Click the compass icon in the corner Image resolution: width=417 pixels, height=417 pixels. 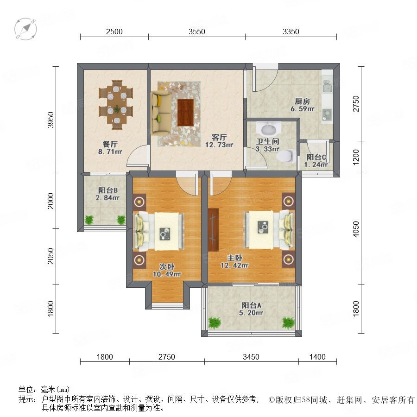point(25,29)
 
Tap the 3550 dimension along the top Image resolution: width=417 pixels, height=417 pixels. point(197,32)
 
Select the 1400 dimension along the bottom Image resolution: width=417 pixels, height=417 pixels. point(317,357)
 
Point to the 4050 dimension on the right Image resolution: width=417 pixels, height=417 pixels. point(356,229)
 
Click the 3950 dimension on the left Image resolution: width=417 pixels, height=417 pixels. point(50,120)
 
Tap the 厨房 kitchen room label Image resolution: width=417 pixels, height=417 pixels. point(303,101)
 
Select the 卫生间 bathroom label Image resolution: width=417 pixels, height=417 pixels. point(267,141)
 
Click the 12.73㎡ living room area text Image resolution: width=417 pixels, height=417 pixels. point(219,145)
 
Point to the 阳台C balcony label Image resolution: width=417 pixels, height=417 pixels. point(316,157)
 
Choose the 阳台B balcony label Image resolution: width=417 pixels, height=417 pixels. point(107,190)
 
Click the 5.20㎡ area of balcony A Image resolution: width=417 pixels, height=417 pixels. point(251,313)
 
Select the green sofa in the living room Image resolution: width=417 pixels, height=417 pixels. point(161,113)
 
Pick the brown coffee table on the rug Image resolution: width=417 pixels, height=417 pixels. point(186,112)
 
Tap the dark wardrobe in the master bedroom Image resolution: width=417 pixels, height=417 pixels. point(213,229)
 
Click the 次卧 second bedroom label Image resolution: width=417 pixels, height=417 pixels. point(167,266)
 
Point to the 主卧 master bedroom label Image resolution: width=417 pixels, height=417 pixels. point(234,258)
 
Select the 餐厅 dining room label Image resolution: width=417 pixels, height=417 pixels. point(110,145)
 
